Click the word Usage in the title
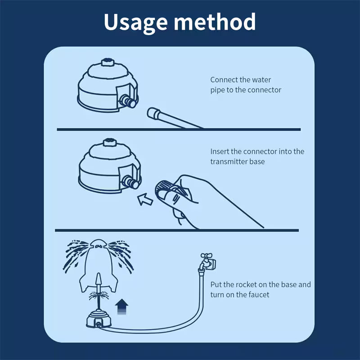pos(135,22)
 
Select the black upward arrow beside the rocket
pos(121,307)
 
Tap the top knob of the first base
pos(108,62)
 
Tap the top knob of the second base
pos(108,144)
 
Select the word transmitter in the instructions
pos(228,161)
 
